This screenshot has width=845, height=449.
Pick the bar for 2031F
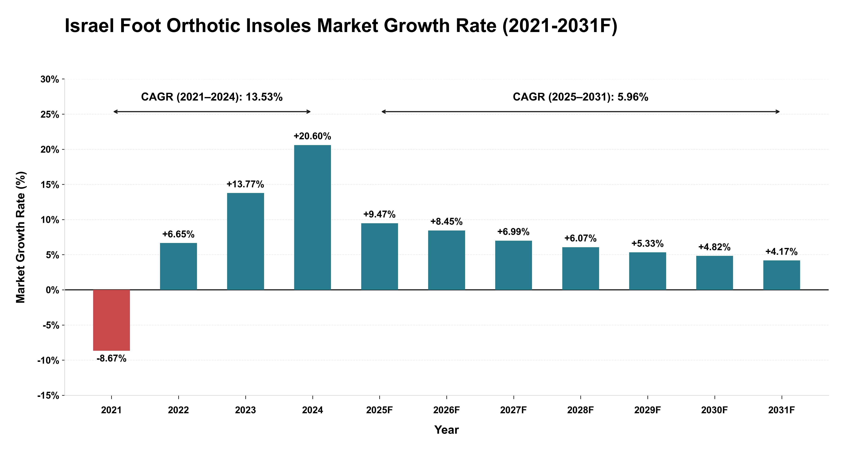782,275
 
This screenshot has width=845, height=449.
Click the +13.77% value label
245,184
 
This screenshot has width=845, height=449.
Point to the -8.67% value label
112,358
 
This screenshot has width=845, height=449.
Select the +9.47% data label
380,214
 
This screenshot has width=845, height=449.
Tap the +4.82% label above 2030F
714,247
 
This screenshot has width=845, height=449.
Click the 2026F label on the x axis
446,410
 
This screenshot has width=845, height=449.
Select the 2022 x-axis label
179,410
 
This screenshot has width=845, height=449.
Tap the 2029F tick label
647,410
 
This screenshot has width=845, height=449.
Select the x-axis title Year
446,430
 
